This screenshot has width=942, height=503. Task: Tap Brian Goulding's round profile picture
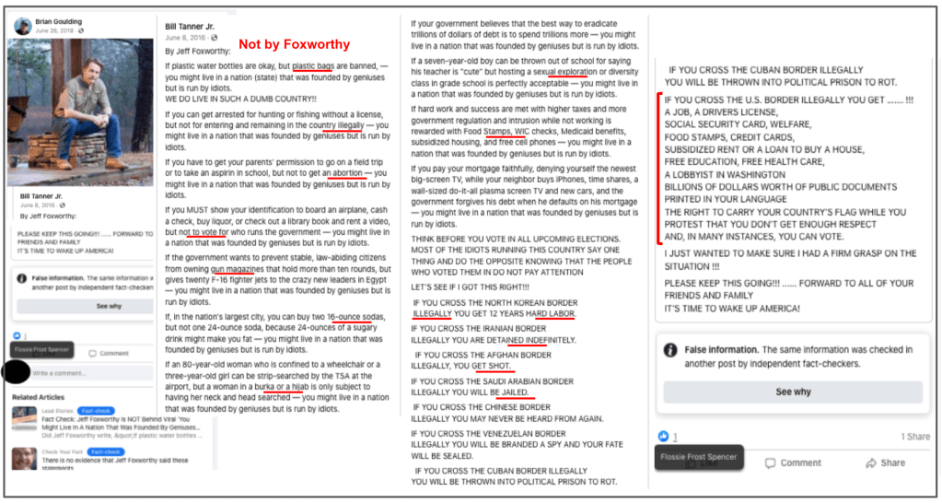point(22,26)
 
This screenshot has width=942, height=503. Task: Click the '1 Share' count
point(914,437)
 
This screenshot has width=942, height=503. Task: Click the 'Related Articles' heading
point(38,397)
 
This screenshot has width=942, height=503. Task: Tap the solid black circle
point(16,373)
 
